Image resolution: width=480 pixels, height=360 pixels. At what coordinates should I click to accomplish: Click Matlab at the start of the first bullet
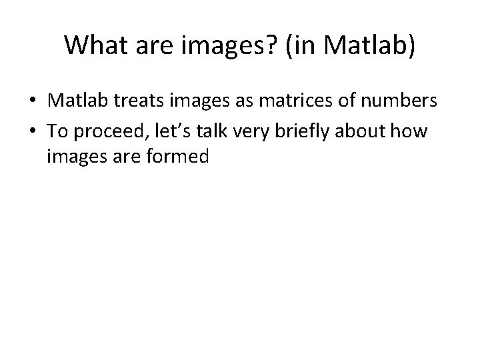click(x=71, y=101)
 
